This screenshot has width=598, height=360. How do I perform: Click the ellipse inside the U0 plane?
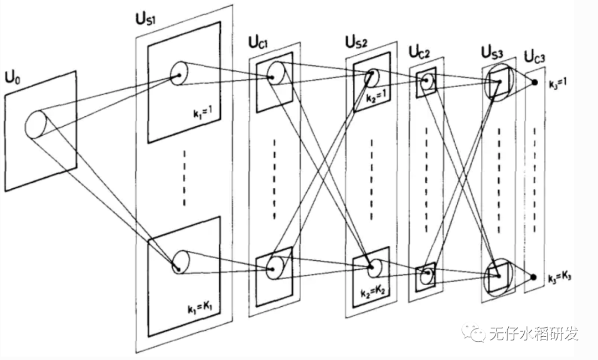point(36,125)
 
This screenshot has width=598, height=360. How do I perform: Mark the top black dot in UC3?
point(534,83)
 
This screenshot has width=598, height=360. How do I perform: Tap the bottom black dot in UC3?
point(533,276)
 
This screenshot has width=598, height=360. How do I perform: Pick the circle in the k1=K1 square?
point(180,262)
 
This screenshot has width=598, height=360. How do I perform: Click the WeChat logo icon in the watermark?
point(475,333)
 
